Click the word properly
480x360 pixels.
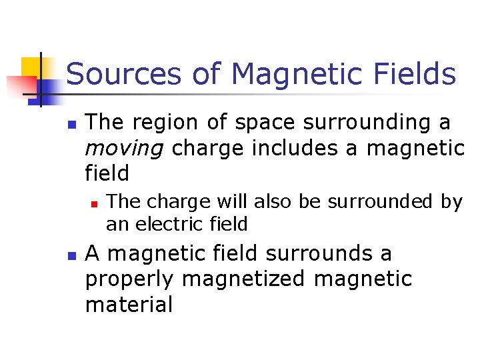pos(130,279)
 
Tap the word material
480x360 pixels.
pos(129,304)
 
